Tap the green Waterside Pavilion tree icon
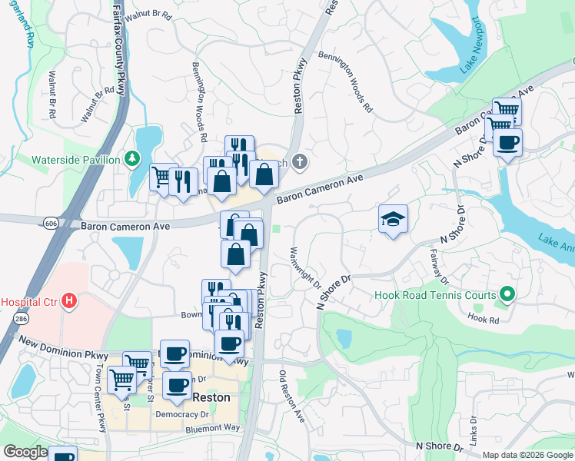[133, 159]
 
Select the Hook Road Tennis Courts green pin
[507, 294]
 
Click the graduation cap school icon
[393, 220]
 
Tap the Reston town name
[211, 398]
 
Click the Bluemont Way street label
[213, 428]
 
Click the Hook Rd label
[484, 317]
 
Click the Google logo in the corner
[25, 452]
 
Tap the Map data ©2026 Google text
[527, 455]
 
